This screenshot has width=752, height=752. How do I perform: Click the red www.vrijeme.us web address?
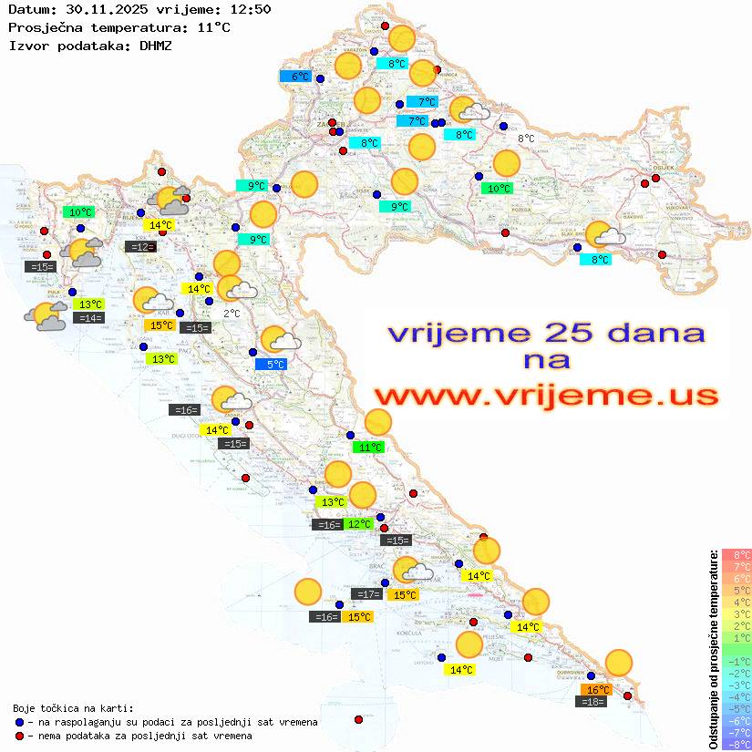pos(545,395)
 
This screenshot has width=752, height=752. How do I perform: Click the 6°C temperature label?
pos(300,77)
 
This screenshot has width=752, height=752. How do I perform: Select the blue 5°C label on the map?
pos(275,365)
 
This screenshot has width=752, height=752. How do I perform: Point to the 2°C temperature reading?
pos(232,313)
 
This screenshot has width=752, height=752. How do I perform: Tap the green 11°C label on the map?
pos(369,448)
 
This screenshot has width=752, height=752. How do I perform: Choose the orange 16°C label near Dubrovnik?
pos(598,690)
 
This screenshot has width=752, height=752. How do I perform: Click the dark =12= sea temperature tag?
pos(140,247)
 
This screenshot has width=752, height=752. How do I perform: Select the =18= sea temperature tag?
pos(592,701)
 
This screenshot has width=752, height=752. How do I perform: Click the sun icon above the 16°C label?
pos(619,663)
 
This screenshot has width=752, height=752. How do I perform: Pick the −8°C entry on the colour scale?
pos(737,744)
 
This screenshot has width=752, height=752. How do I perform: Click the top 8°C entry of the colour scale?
pos(737,554)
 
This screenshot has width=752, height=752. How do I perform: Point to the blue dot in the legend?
pos(19,722)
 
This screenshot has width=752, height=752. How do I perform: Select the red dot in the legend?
pos(19,736)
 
